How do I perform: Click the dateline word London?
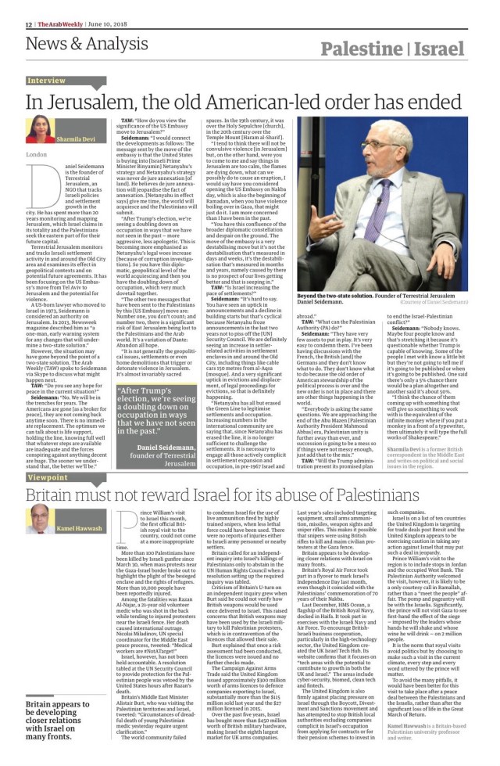click(36, 155)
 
